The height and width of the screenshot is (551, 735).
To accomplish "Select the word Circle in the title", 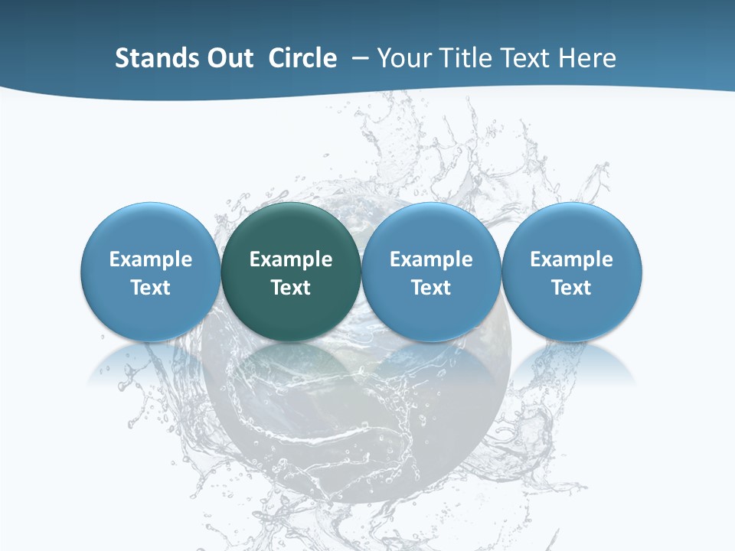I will click(302, 58).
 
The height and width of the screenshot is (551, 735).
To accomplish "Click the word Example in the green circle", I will click(291, 259).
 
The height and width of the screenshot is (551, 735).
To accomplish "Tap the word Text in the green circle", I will click(291, 288).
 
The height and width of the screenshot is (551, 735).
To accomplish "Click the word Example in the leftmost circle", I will click(151, 259).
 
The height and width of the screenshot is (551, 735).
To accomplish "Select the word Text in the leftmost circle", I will click(151, 288).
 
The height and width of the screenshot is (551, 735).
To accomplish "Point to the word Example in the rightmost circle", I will click(572, 259).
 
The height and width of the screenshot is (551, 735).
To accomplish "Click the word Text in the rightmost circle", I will click(572, 288).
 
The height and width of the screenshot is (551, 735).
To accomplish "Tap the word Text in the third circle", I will click(431, 288).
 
